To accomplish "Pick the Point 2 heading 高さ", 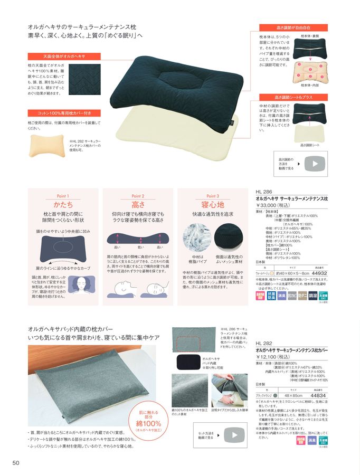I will pyautogui.click(x=138, y=204).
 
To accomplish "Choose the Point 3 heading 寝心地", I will pyautogui.click(x=213, y=204).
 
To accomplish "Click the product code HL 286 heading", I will pyautogui.click(x=263, y=192).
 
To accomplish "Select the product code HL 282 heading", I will pyautogui.click(x=263, y=343).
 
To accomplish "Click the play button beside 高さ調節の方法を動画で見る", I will pyautogui.click(x=315, y=163).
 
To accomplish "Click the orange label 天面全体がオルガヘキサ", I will pyautogui.click(x=57, y=55).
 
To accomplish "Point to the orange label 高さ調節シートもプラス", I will pyautogui.click(x=293, y=97).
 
